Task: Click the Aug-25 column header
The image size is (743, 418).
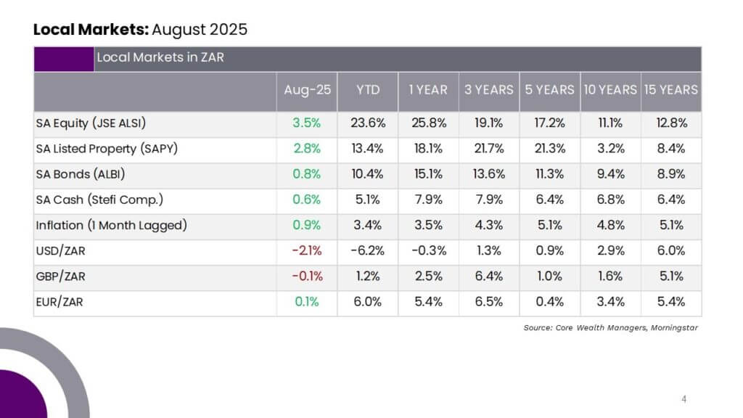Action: point(307,89)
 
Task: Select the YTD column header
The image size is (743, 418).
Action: point(368,89)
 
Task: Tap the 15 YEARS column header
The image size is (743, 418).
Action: point(671,89)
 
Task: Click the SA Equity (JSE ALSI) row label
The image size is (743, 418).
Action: point(91,123)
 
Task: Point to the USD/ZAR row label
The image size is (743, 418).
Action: point(61,250)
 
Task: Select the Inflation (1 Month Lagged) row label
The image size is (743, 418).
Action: point(111,225)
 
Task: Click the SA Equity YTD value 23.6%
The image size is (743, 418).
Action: point(368,123)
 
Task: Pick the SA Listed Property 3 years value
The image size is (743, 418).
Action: point(489,149)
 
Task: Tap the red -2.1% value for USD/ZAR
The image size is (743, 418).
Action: point(307,250)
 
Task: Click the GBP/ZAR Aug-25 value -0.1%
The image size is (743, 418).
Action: point(307,276)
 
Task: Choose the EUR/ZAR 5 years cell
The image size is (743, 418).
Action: point(550,302)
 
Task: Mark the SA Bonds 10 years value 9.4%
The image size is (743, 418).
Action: point(610,174)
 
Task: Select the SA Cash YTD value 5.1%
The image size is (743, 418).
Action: point(368,200)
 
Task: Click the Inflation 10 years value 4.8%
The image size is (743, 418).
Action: point(610,225)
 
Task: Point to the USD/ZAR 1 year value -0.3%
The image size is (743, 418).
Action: point(428,250)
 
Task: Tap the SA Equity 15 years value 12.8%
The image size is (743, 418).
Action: point(671,123)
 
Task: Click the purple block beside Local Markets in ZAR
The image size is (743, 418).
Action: point(64,60)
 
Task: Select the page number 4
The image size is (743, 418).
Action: point(684,399)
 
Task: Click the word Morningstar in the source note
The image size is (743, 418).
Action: point(674,327)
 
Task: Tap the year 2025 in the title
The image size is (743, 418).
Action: point(229,29)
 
